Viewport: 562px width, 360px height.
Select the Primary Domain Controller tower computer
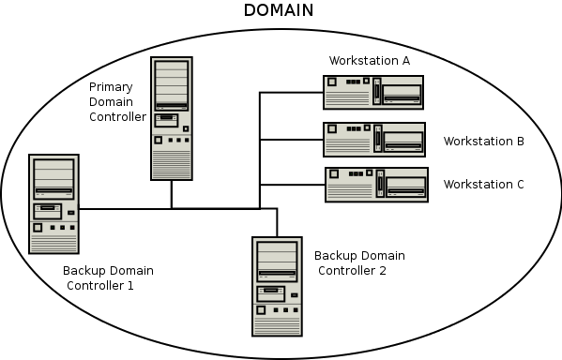[x=171, y=118]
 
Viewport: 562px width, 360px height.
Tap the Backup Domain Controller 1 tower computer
[x=53, y=203]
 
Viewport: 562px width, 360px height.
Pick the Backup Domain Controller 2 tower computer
[x=277, y=286]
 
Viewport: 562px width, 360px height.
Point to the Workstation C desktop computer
[x=376, y=184]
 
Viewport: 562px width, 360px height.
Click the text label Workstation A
[x=370, y=61]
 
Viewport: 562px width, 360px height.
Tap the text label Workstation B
[x=483, y=142]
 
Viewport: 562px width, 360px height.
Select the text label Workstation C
[x=483, y=185]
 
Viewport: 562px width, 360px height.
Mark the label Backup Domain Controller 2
[x=358, y=263]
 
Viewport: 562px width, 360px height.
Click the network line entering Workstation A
[x=291, y=93]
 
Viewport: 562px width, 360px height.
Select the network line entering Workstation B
[x=291, y=139]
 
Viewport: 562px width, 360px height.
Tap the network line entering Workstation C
[x=291, y=184]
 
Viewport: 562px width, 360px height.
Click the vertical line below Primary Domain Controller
[x=171, y=194]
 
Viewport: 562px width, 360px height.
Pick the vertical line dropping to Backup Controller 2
[x=277, y=222]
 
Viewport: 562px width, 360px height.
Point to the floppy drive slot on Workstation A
[x=401, y=99]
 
